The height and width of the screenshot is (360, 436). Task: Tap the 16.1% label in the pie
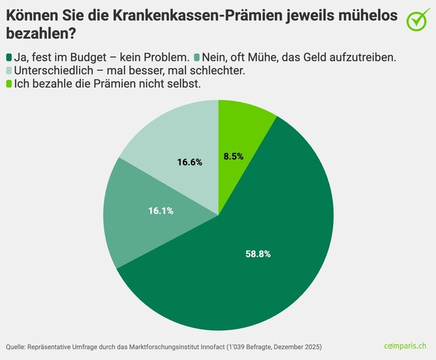(161, 211)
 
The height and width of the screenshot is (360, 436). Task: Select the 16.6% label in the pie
(190, 162)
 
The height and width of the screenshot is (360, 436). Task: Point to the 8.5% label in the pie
(233, 156)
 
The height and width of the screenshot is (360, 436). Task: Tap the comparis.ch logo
(406, 346)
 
